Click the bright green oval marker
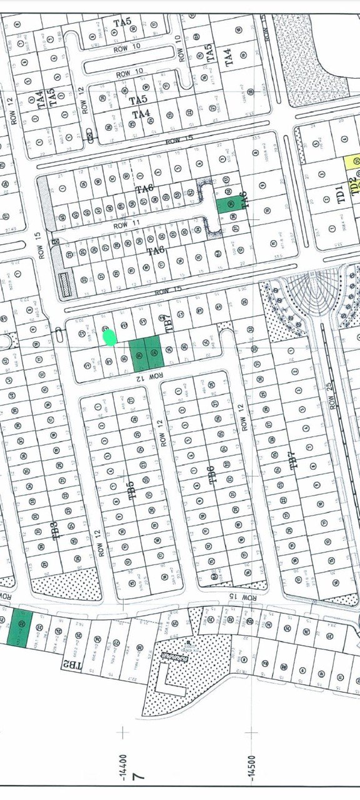110,338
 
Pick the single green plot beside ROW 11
228,204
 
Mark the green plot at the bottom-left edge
19,627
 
